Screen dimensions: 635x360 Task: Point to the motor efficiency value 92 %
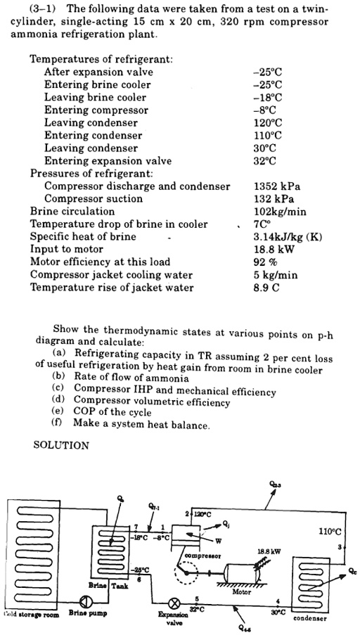pyautogui.click(x=265, y=262)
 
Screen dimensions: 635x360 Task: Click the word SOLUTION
pyautogui.click(x=61, y=445)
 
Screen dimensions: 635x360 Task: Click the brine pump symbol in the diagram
pyautogui.click(x=86, y=602)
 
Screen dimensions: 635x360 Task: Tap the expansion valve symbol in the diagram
pyautogui.click(x=172, y=603)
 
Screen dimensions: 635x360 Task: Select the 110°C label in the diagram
pyautogui.click(x=329, y=532)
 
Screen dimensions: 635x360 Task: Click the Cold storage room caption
pyautogui.click(x=30, y=615)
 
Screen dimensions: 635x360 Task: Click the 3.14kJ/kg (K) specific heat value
pyautogui.click(x=287, y=237)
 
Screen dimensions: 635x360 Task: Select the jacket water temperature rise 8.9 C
pyautogui.click(x=266, y=288)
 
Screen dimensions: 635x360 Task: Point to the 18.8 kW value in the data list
pyautogui.click(x=269, y=250)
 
